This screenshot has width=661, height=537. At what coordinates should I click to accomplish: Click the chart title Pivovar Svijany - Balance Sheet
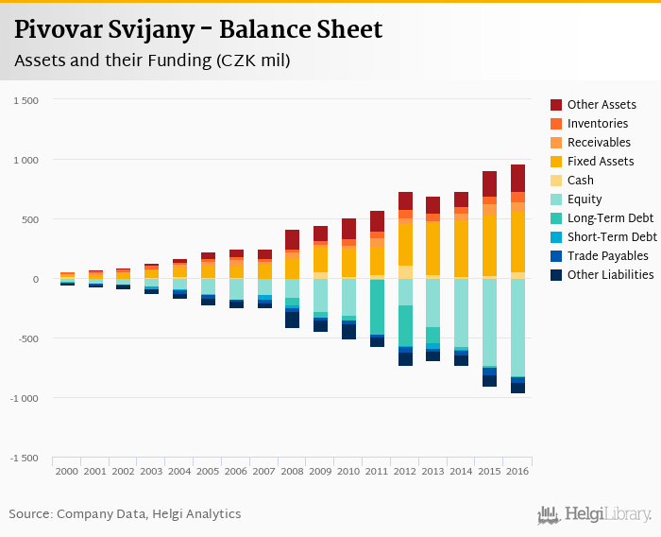pos(198,29)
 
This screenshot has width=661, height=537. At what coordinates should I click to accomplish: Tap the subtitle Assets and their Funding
pos(151,61)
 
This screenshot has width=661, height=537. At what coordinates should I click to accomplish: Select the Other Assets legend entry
pos(602,105)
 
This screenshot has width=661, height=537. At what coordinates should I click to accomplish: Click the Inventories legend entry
pos(598,124)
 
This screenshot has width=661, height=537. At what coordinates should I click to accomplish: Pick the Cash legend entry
pos(581,181)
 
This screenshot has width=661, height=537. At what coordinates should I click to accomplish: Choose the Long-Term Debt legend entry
pos(608,218)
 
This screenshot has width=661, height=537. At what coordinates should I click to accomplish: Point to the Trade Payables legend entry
pos(607,256)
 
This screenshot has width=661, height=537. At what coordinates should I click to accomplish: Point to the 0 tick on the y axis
pos(34,280)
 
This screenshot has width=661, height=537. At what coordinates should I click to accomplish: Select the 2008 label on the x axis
pos(292,471)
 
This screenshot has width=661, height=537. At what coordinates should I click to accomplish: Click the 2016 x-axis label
pos(517,471)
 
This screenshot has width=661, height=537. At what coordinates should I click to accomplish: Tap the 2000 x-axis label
pos(67,471)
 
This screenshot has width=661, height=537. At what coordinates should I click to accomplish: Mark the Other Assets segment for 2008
pos(292,239)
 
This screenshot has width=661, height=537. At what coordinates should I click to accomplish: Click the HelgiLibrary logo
pos(594,515)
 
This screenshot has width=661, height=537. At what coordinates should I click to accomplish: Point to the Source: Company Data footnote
pos(125,514)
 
